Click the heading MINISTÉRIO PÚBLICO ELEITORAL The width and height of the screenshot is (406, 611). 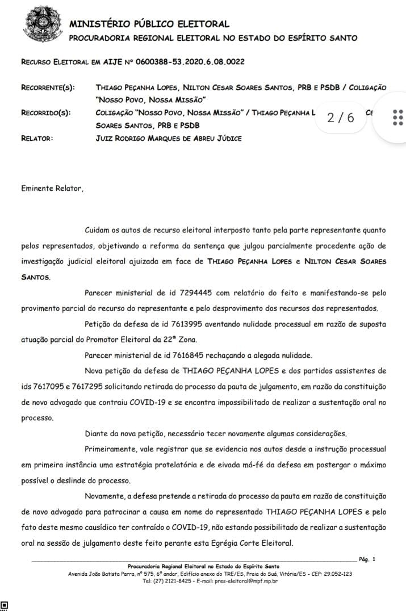pyautogui.click(x=149, y=24)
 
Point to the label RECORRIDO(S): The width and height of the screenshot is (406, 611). pyautogui.click(x=46, y=113)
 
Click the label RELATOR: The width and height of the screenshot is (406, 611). pyautogui.click(x=37, y=138)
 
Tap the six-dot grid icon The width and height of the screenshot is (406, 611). pyautogui.click(x=397, y=118)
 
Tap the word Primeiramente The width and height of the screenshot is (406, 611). pyautogui.click(x=111, y=449)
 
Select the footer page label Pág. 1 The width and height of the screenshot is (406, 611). pyautogui.click(x=367, y=559)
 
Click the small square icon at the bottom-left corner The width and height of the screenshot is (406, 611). pyautogui.click(x=5, y=605)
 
